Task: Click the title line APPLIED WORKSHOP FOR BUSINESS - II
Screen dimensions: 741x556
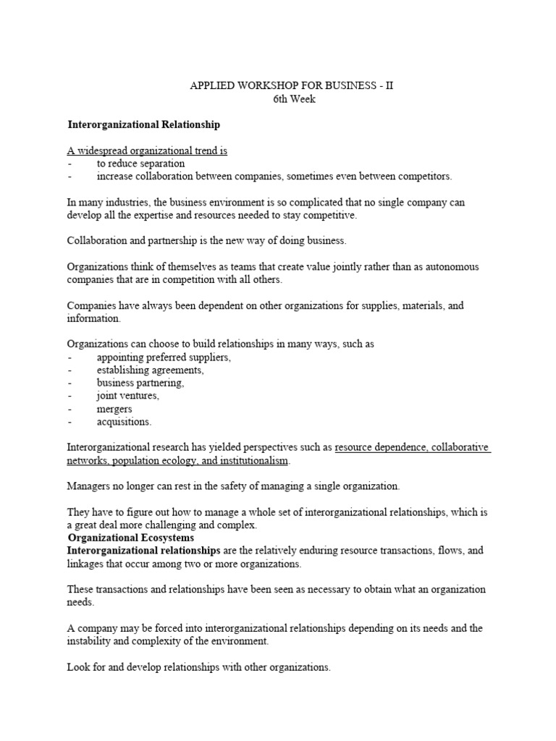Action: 292,85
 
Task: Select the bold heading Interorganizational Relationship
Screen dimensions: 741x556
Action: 143,124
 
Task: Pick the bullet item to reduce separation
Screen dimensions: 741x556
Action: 140,164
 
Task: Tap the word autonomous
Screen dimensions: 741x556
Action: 446,267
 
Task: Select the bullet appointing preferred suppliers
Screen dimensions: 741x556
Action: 164,357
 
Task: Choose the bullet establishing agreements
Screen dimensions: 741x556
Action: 150,370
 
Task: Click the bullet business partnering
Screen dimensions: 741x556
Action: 140,383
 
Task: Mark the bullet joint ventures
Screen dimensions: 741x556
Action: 127,396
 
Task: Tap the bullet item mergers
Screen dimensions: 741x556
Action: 114,409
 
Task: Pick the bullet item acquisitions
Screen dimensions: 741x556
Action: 124,422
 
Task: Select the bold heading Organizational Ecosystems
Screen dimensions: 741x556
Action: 130,538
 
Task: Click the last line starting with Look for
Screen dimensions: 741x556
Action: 198,667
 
